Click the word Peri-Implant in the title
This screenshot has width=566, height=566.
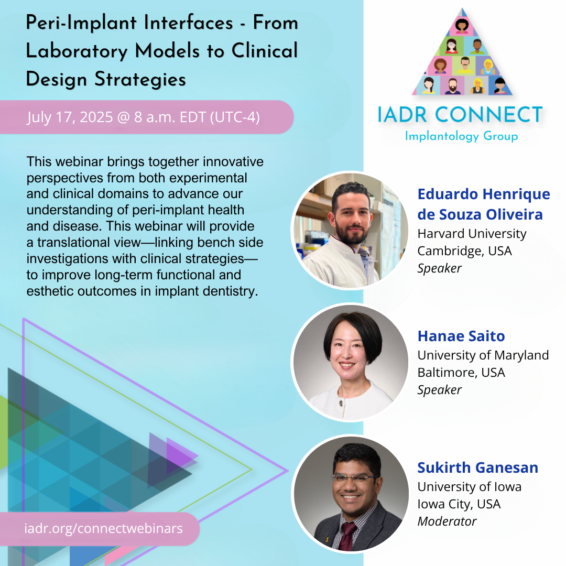click(x=81, y=23)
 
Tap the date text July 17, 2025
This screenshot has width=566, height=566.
click(x=70, y=117)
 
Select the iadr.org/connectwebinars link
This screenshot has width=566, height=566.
click(x=104, y=528)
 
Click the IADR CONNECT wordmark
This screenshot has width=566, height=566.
click(x=460, y=115)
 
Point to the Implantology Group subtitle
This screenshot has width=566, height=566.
click(x=461, y=136)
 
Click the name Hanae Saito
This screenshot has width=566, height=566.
click(x=461, y=336)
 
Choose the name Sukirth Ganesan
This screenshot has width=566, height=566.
click(x=477, y=467)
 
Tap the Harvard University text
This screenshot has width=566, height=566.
click(x=472, y=234)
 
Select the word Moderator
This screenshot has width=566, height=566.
click(x=447, y=521)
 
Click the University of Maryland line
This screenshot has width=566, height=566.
click(x=483, y=355)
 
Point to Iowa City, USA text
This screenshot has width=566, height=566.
click(x=459, y=504)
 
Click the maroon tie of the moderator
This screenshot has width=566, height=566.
click(x=347, y=537)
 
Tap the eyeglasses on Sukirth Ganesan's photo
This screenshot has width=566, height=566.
click(x=354, y=479)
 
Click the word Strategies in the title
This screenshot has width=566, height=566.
click(x=140, y=80)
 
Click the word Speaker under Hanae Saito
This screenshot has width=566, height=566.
click(x=439, y=390)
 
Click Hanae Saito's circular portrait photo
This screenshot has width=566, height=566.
click(x=351, y=362)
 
